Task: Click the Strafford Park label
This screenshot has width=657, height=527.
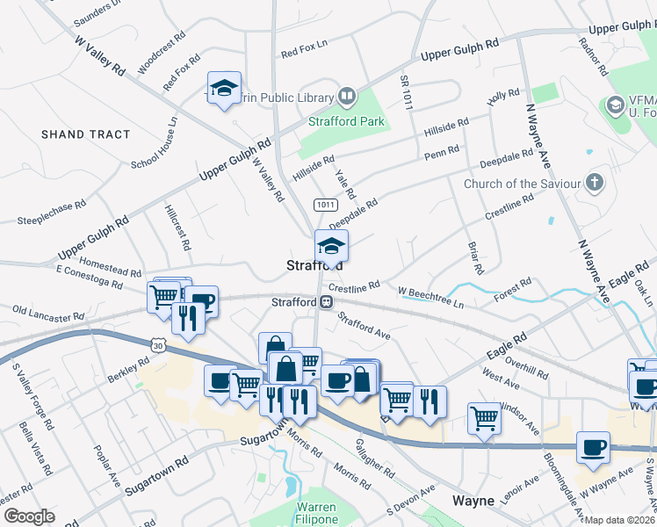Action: click(x=346, y=121)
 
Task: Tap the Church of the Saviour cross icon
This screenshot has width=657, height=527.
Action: click(x=595, y=184)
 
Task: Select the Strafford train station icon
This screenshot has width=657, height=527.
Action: click(x=326, y=302)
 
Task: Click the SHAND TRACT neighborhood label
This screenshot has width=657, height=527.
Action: click(x=85, y=134)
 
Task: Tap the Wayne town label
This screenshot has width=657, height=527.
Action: click(x=473, y=501)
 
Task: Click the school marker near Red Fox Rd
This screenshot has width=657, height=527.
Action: click(x=224, y=88)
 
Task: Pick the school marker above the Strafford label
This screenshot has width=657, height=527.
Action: click(x=331, y=245)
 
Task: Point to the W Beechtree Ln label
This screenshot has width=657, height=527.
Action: click(x=430, y=296)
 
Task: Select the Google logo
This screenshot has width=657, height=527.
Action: click(x=29, y=516)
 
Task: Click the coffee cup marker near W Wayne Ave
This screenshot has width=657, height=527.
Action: click(x=593, y=447)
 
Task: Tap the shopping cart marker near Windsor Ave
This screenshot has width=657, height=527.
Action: click(x=484, y=418)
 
